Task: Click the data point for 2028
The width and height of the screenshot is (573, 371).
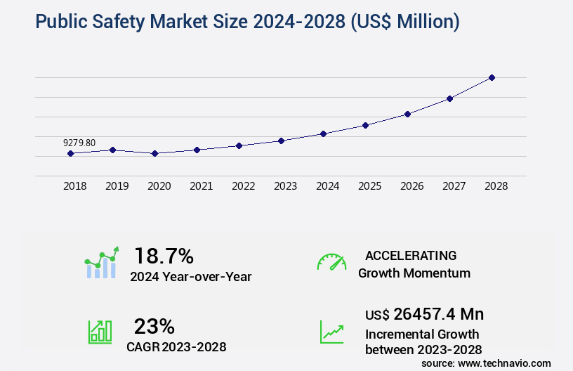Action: pos(492,77)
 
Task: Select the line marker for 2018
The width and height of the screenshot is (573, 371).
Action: pos(70,153)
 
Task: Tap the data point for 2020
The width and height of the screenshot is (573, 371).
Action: pos(154,153)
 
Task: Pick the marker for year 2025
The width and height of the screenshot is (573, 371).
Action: pos(365,125)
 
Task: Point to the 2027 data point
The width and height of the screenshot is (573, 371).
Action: pos(449,98)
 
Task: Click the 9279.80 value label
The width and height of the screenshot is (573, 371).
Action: pos(79,143)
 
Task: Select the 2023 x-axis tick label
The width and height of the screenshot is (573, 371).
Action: pos(285,187)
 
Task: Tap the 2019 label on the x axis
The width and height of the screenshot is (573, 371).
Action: pos(117,187)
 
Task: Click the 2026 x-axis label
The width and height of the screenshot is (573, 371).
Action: pos(411,187)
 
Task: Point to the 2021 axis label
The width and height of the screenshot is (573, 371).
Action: pos(201,187)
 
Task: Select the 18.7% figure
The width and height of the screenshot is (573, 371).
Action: pos(164,256)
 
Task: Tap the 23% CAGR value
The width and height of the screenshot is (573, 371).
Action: pos(154,326)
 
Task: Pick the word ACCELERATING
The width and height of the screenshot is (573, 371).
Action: pos(411,256)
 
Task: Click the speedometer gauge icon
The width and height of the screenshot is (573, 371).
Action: pos(331,262)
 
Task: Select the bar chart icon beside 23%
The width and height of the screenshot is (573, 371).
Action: pos(100,332)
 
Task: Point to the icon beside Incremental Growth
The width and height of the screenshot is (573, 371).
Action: pos(331,332)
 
